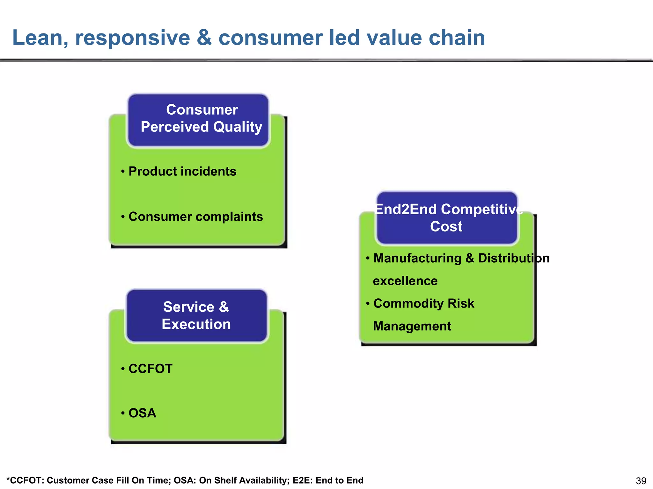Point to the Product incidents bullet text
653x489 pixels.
tap(182, 172)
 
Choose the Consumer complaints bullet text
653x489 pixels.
tap(195, 217)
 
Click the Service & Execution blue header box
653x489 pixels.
tap(196, 315)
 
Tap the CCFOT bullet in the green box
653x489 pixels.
tap(150, 369)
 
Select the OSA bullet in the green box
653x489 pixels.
tap(142, 413)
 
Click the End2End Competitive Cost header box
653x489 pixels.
tap(447, 218)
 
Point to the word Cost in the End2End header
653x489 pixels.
tap(446, 227)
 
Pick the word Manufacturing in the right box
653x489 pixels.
tap(417, 258)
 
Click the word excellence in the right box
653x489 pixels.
tap(405, 281)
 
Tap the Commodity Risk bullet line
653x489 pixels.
tap(423, 304)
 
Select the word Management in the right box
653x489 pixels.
tap(412, 326)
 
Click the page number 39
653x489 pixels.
tap(641, 481)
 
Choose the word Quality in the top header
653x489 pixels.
tap(238, 127)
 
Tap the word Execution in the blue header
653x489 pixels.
tap(196, 324)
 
